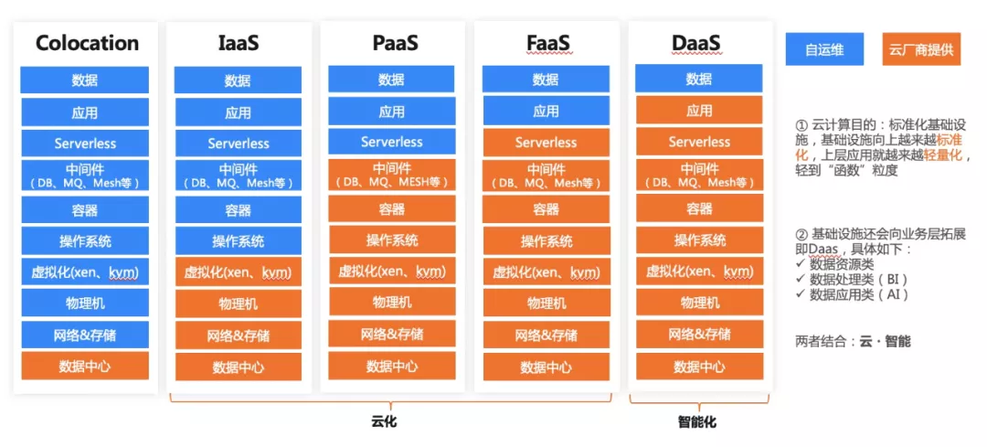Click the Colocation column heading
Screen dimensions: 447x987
click(x=87, y=43)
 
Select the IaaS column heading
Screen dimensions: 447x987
click(x=238, y=43)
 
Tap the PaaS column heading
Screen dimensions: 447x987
click(x=392, y=43)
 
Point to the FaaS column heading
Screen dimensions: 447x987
click(x=546, y=43)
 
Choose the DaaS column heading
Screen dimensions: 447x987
click(x=699, y=43)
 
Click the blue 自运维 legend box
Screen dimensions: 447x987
click(x=824, y=49)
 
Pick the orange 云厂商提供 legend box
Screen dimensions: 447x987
click(x=921, y=49)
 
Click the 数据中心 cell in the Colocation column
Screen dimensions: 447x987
click(x=85, y=367)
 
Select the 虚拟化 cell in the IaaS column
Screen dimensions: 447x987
click(x=238, y=272)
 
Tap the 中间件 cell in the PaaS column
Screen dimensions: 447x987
click(x=392, y=175)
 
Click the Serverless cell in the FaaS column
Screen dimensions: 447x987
click(x=546, y=143)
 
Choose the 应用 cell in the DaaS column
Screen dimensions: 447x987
click(x=699, y=112)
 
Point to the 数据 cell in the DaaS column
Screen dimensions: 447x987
click(x=699, y=80)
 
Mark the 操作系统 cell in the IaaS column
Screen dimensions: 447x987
click(x=238, y=241)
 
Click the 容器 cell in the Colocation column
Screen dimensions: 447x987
click(x=85, y=210)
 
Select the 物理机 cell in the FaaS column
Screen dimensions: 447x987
click(x=546, y=303)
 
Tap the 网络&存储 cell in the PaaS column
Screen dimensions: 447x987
click(x=392, y=335)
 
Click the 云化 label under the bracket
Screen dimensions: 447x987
click(x=384, y=422)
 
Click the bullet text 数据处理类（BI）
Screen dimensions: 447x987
click(x=847, y=279)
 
